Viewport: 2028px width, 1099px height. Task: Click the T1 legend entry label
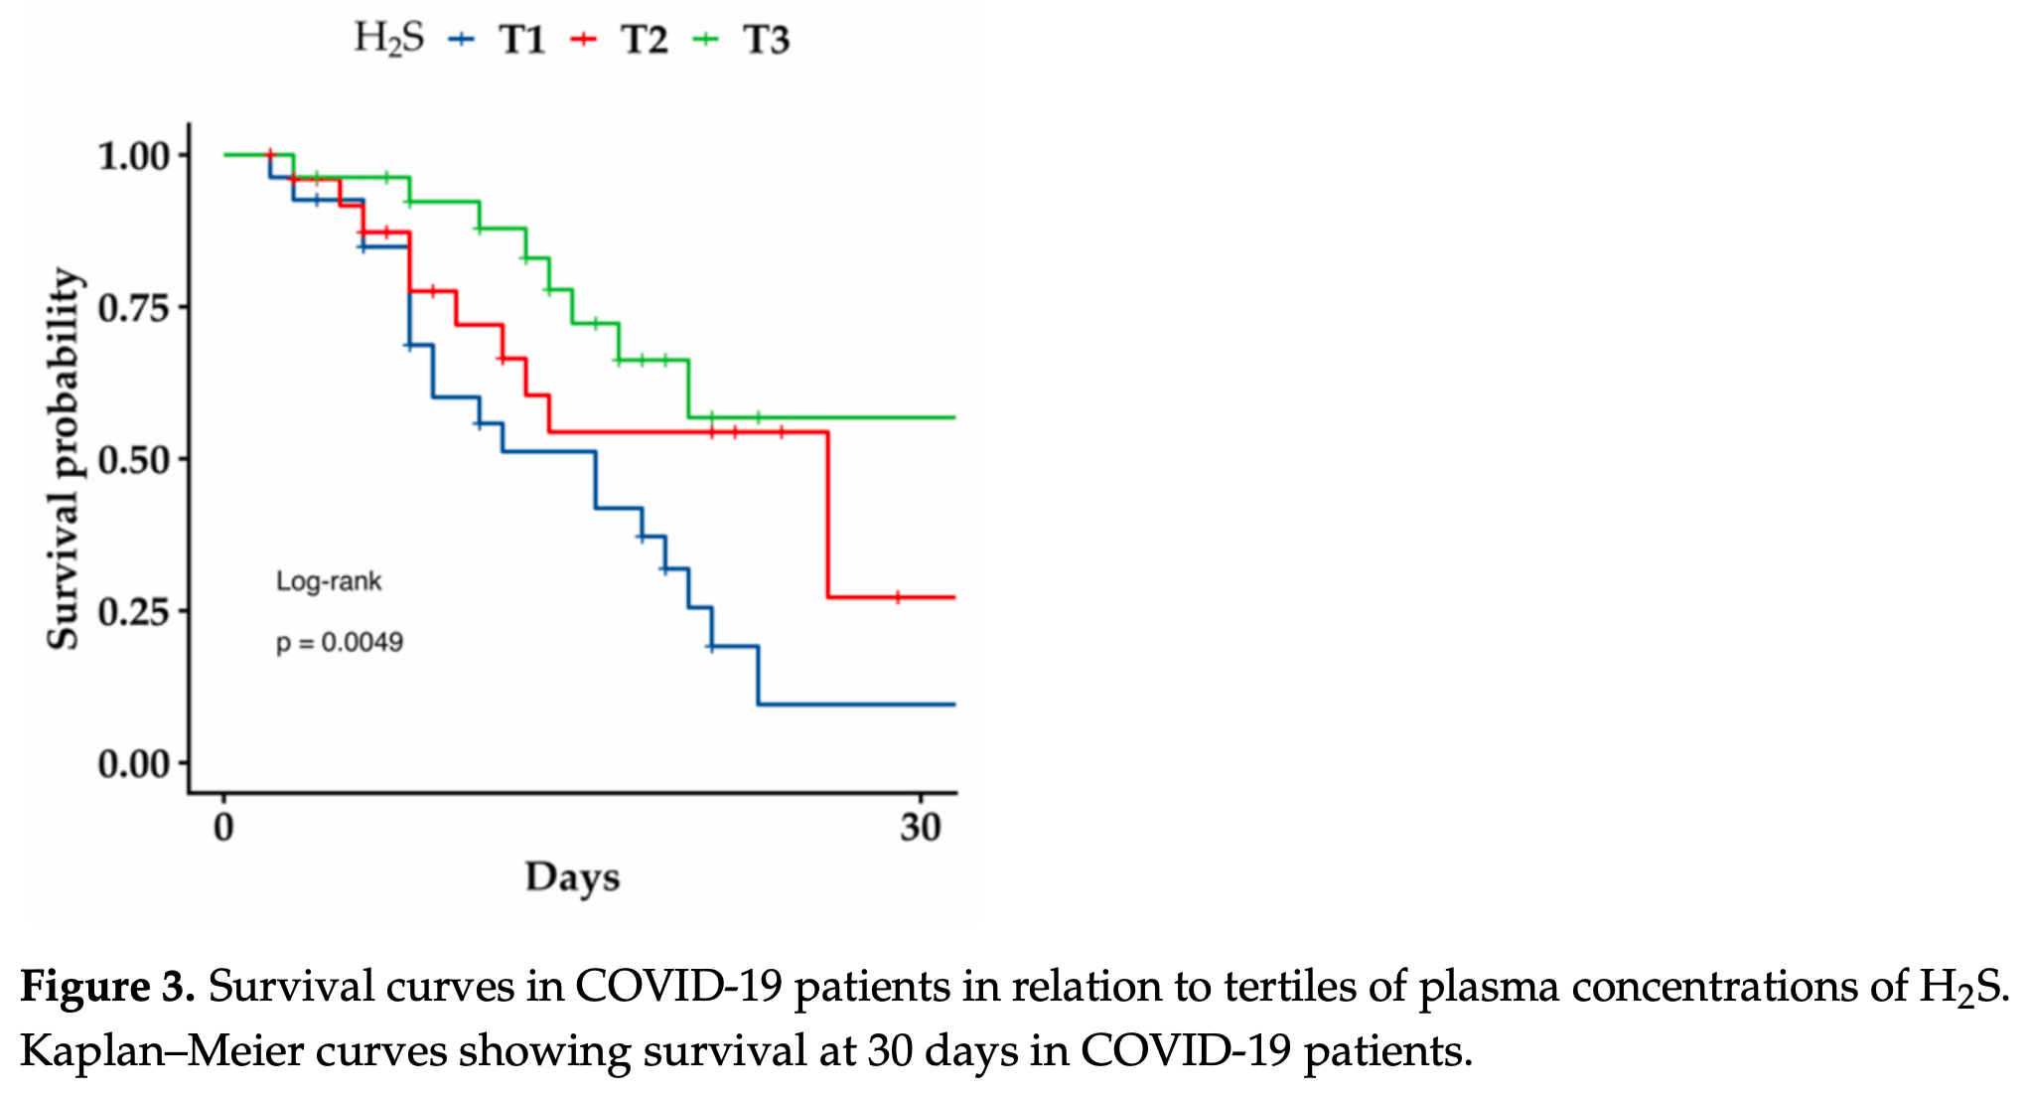[x=522, y=40]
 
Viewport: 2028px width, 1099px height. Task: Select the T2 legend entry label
[x=645, y=40]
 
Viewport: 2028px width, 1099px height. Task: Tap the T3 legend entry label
[x=767, y=40]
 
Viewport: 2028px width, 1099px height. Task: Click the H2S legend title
[x=388, y=39]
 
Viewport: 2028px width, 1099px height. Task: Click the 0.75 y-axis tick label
[x=133, y=308]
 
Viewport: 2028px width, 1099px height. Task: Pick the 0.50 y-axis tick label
[x=133, y=460]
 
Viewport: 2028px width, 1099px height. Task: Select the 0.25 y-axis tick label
[x=133, y=611]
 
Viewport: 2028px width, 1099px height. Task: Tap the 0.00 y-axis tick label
[x=133, y=763]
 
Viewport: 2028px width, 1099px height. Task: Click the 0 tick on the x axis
[x=224, y=827]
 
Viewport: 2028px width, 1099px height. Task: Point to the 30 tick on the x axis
[x=921, y=827]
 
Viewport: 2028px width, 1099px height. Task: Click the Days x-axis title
[x=572, y=877]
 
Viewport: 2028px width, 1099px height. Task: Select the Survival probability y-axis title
[x=64, y=459]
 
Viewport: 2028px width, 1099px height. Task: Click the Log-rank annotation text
[x=329, y=581]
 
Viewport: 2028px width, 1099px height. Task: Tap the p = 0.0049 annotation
[x=340, y=643]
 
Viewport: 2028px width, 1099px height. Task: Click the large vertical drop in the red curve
[x=827, y=515]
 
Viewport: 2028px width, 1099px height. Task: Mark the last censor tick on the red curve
[x=898, y=597]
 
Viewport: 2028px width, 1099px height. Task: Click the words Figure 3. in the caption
[x=107, y=987]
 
